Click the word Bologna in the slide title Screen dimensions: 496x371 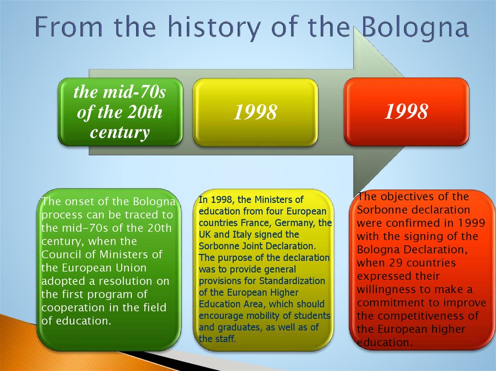(x=415, y=28)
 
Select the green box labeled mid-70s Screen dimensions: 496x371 (x=120, y=112)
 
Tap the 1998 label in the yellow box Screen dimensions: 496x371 (x=255, y=112)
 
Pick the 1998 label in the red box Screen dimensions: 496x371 (x=406, y=111)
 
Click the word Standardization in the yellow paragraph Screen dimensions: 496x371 (x=292, y=281)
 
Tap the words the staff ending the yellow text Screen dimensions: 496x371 (x=217, y=339)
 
